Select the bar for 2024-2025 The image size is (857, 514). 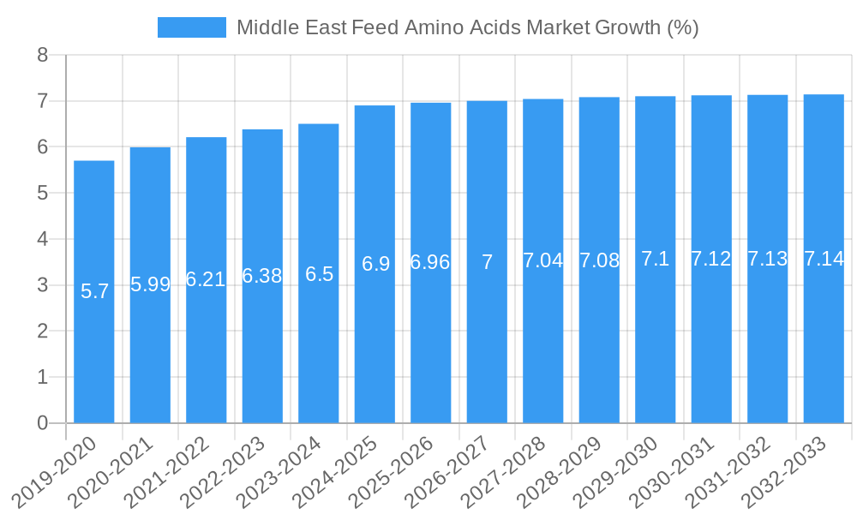[375, 343]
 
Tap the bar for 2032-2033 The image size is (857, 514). [824, 343]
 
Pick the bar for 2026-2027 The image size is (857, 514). [487, 343]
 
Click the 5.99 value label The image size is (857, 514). [151, 284]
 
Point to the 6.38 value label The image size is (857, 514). [262, 276]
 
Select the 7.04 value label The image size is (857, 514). [543, 260]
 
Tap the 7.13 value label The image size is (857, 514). [768, 259]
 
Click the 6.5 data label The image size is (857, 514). [319, 274]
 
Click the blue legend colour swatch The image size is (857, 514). [192, 27]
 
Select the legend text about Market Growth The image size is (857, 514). [468, 27]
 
